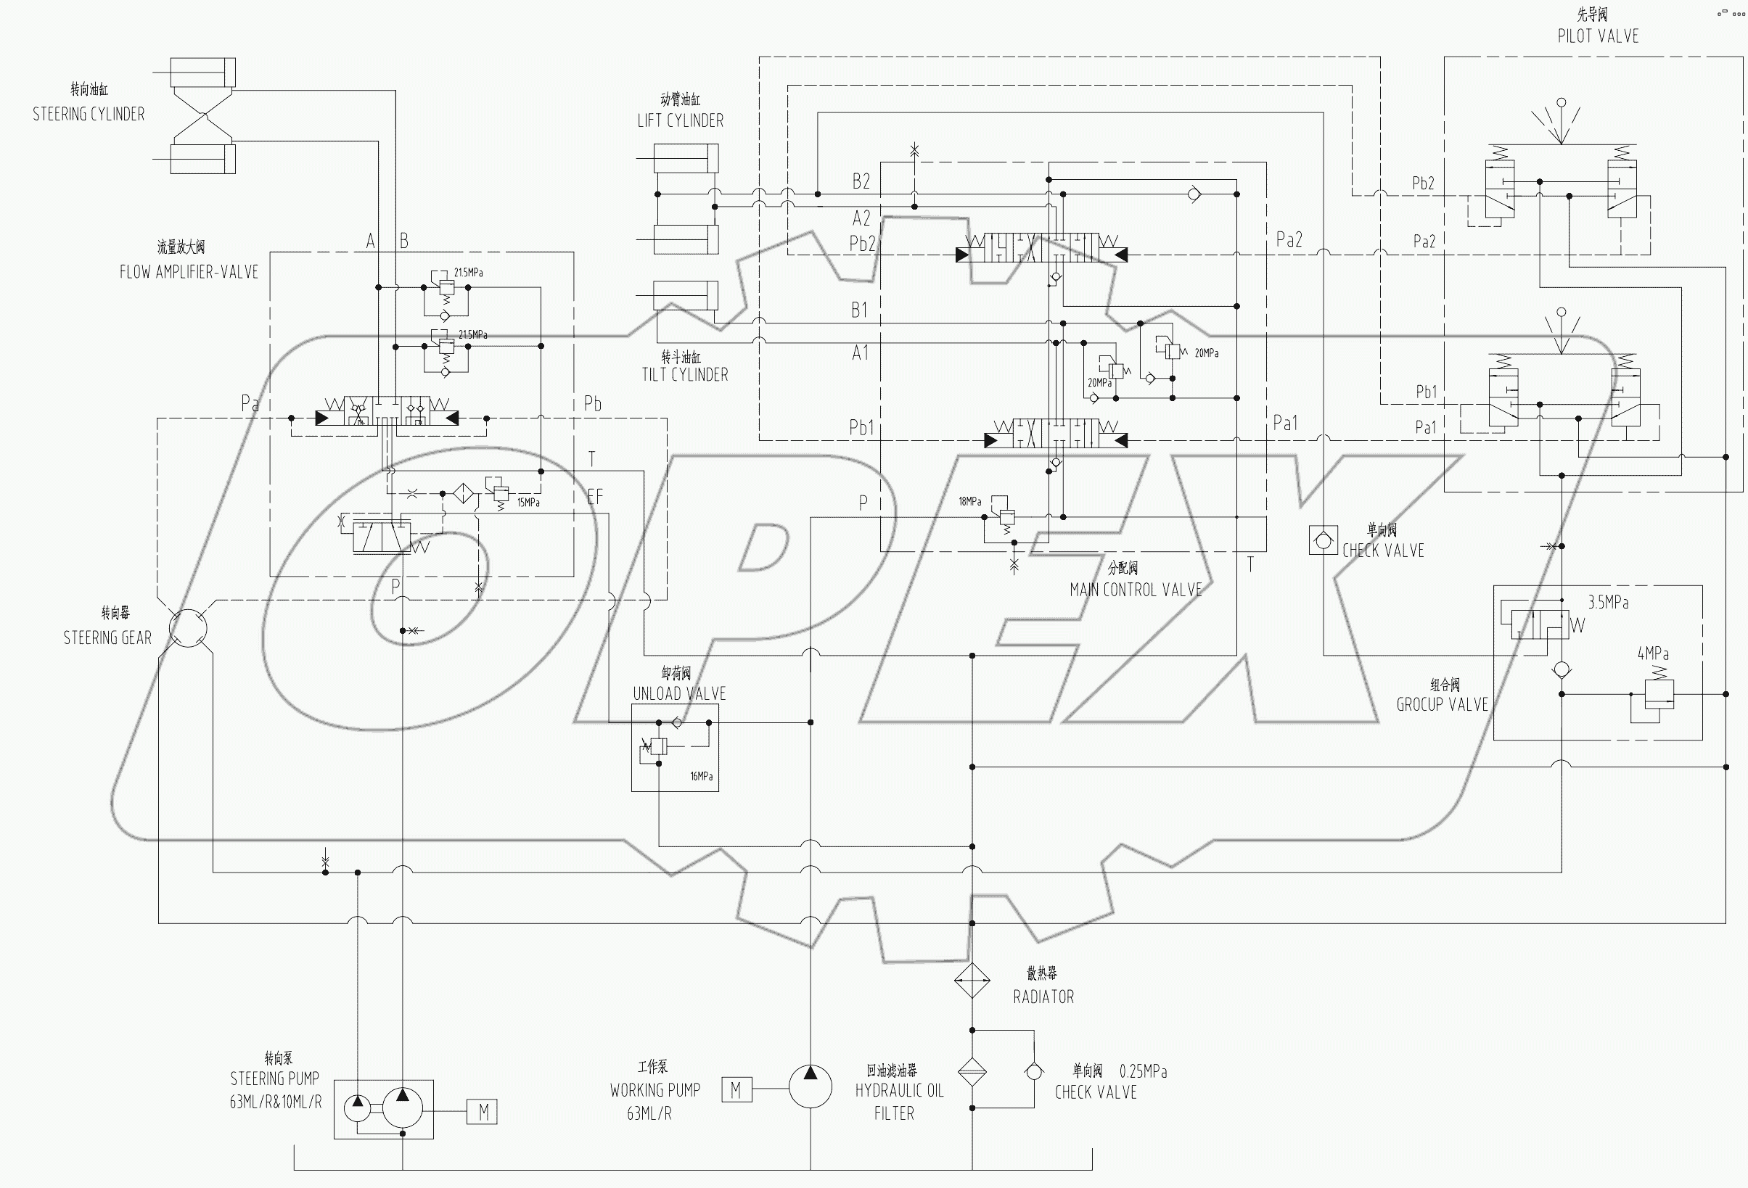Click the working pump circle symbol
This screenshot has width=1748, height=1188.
click(x=810, y=1086)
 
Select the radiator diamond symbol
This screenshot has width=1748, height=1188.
click(x=972, y=981)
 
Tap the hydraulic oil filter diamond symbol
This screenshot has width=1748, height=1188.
click(x=972, y=1072)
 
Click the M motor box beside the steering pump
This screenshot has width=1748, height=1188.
click(x=482, y=1112)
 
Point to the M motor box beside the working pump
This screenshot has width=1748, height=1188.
click(x=736, y=1089)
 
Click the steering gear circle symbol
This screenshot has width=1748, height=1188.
click(x=188, y=628)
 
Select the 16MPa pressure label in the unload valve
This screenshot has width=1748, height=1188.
click(x=701, y=776)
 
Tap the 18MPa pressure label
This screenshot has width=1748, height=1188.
click(x=969, y=501)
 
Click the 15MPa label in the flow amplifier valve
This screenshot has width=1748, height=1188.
click(x=528, y=503)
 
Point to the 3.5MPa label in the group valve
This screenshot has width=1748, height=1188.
click(x=1608, y=602)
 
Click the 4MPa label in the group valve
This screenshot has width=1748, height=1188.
click(x=1653, y=653)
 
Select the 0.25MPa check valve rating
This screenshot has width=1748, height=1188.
click(x=1143, y=1071)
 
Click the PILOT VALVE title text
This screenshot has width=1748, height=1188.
click(x=1598, y=36)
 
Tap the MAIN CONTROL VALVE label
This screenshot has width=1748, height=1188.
click(x=1136, y=590)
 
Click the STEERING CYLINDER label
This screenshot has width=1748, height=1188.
click(x=89, y=115)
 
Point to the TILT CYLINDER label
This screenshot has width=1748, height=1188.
click(x=684, y=374)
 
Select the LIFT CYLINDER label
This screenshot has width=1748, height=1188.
click(x=680, y=120)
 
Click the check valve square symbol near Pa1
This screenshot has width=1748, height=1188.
click(x=1323, y=540)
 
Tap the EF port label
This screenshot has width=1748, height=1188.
click(x=594, y=497)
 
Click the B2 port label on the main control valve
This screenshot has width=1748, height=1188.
click(x=861, y=181)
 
